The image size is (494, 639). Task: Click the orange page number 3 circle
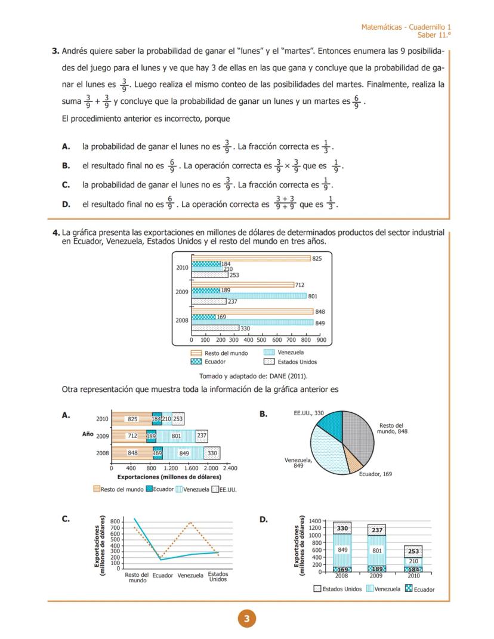click(x=246, y=619)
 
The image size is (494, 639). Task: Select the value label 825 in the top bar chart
click(x=317, y=258)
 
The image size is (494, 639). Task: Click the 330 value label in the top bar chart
click(x=245, y=328)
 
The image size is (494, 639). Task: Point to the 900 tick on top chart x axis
click(x=321, y=339)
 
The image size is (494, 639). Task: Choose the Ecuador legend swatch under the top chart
click(x=196, y=362)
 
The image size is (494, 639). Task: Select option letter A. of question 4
click(x=66, y=415)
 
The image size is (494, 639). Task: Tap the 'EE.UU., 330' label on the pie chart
click(x=308, y=413)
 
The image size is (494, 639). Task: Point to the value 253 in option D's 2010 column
click(x=413, y=551)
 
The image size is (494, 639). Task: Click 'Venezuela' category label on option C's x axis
click(x=190, y=576)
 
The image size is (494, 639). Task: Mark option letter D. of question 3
click(x=66, y=205)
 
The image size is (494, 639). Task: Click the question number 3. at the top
click(x=56, y=51)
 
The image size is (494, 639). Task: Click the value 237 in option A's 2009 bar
click(x=202, y=436)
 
